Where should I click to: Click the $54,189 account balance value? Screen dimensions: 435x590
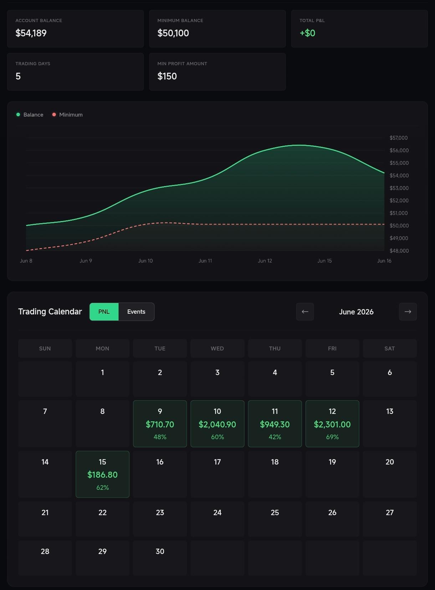[31, 33]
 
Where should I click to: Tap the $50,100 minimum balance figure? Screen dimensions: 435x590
[173, 33]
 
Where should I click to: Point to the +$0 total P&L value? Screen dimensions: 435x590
[307, 33]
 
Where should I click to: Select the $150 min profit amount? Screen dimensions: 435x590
[167, 76]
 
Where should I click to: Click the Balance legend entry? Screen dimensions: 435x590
[30, 114]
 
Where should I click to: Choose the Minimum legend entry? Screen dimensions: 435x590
[67, 114]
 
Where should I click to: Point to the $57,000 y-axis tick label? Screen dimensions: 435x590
[398, 138]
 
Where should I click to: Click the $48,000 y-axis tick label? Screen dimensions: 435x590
[399, 251]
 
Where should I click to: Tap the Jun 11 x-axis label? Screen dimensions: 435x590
[205, 261]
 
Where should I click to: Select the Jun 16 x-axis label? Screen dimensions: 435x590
[384, 261]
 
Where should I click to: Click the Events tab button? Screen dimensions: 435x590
[136, 312]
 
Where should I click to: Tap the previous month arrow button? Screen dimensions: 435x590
[305, 312]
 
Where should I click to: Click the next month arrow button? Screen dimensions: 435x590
[408, 312]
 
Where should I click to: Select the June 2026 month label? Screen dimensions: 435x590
[356, 312]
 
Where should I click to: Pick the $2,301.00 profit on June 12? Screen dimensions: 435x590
[332, 424]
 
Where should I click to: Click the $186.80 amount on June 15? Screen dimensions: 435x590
[102, 474]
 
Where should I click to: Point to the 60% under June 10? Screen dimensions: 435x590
[217, 437]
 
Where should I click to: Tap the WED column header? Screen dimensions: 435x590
[217, 348]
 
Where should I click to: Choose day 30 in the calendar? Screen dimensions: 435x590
[160, 551]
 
